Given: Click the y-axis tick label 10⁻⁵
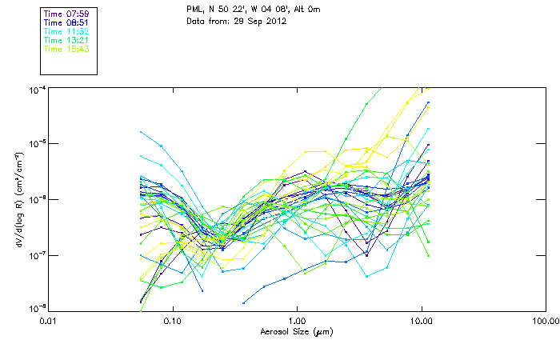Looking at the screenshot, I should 35,145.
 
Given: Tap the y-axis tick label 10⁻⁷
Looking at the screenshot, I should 35,255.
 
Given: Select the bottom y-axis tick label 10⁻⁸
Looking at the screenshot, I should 35,308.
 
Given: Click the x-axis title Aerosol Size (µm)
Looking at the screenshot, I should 296,331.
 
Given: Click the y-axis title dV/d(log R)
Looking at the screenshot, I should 17,198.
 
